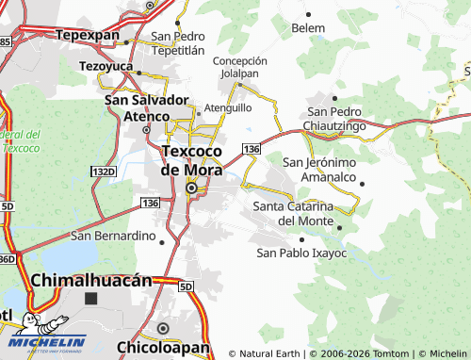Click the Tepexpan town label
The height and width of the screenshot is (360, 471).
tap(88, 35)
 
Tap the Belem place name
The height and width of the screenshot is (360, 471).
tap(308, 28)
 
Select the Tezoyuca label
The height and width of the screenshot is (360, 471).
tap(108, 67)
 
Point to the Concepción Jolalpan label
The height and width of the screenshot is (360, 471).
tap(240, 66)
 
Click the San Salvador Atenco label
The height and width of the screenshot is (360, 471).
tap(146, 107)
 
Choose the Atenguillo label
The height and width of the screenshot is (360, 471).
tap(228, 108)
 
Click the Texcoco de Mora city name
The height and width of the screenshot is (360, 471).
tap(194, 159)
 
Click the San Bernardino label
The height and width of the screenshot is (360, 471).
tap(112, 235)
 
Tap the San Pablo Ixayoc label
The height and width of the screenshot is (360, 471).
tap(301, 253)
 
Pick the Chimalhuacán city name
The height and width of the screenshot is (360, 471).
tap(91, 280)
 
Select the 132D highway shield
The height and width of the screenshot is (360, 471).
tap(104, 172)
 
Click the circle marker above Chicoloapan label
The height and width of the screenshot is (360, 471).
tap(162, 328)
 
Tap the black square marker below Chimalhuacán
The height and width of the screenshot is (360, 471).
tap(90, 299)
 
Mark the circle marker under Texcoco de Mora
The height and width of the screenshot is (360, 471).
tap(192, 188)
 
